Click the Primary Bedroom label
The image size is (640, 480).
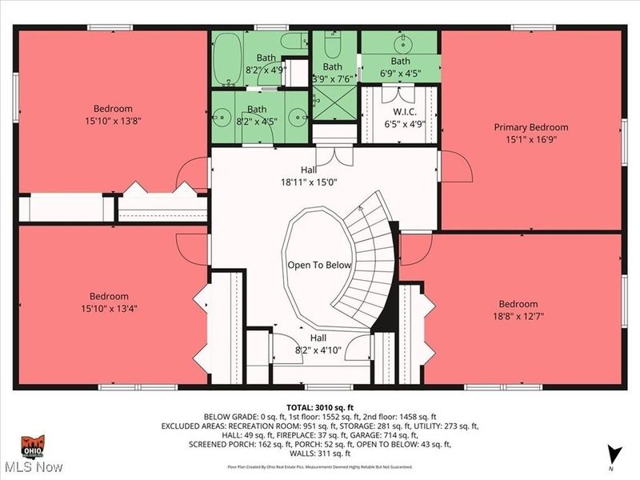530,127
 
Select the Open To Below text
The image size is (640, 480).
320,264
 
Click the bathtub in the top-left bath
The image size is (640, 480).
228,58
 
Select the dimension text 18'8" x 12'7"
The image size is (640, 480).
518,316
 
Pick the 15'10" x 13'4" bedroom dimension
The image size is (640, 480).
112,308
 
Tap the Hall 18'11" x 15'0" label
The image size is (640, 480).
308,176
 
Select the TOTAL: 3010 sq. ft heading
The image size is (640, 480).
320,407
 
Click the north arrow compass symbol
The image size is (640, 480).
614,453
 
